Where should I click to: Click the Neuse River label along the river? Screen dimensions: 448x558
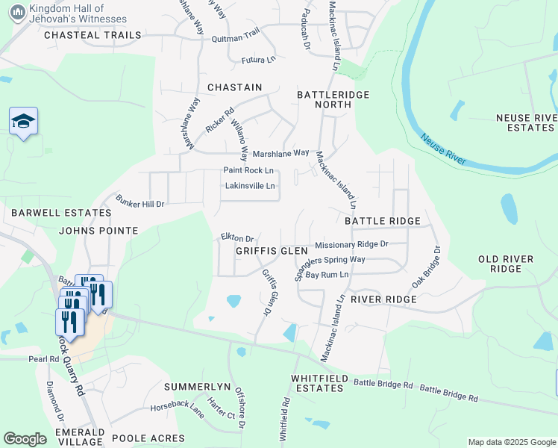(443, 149)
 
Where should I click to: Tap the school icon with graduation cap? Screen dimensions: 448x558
(23, 121)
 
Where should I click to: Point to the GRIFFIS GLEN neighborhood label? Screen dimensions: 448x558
(272, 251)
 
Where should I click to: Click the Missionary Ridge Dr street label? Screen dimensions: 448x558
(351, 244)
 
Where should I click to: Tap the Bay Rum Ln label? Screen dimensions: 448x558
(327, 276)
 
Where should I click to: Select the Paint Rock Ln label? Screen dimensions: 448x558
(248, 170)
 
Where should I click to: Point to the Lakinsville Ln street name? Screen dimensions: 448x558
(250, 186)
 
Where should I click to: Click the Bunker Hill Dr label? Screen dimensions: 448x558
(139, 202)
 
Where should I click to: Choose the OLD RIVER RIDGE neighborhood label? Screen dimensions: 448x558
(506, 264)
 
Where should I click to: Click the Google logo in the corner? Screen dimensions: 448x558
(25, 439)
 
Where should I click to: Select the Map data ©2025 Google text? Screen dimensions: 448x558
(511, 442)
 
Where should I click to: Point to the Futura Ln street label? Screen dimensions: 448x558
(259, 60)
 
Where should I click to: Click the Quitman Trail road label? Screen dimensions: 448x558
(235, 35)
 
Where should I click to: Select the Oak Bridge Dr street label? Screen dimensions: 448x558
(425, 269)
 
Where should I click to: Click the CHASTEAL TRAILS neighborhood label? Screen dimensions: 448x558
(93, 35)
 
